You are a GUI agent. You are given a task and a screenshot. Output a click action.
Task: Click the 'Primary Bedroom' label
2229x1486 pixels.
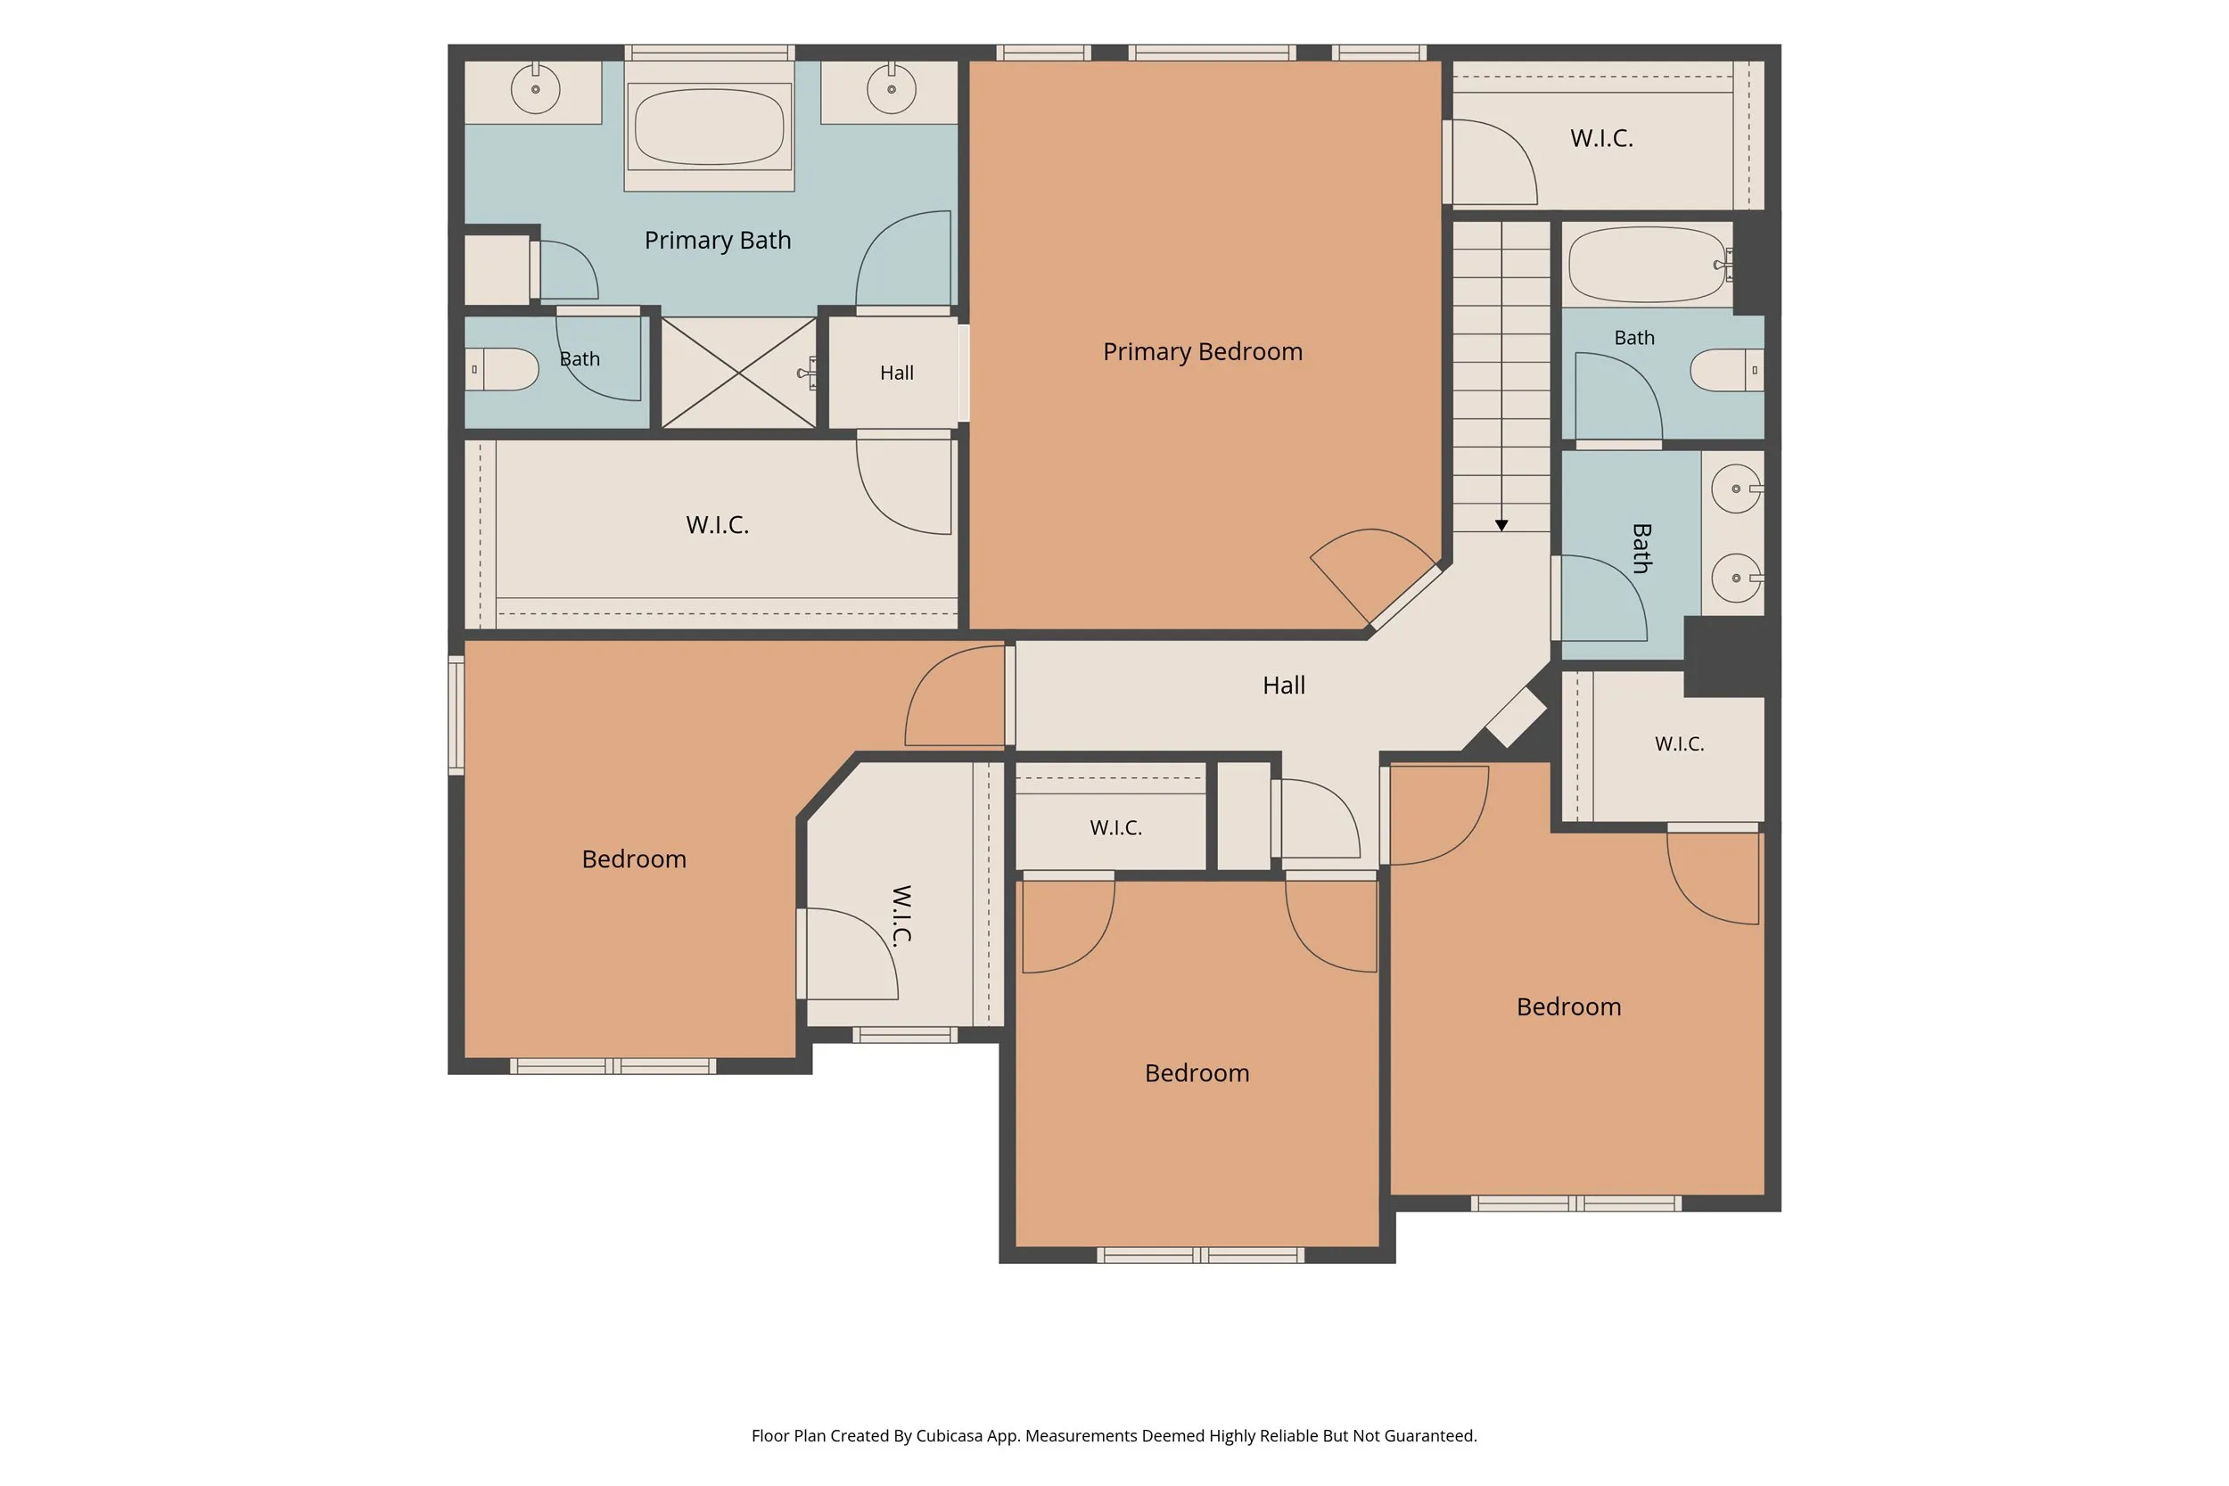click(1203, 351)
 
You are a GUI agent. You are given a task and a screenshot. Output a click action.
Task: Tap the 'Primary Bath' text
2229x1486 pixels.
click(718, 240)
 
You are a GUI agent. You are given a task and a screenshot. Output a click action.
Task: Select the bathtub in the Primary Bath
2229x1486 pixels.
click(709, 126)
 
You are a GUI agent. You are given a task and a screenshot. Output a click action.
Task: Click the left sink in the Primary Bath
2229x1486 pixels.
click(536, 89)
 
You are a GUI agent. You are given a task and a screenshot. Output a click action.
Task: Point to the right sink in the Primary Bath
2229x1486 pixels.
click(891, 89)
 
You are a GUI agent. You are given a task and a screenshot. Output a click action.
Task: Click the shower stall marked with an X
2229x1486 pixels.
click(738, 373)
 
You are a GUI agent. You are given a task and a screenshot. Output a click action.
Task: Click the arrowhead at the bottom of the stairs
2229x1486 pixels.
click(1501, 525)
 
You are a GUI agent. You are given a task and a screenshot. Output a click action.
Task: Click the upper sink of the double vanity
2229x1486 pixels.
click(1736, 489)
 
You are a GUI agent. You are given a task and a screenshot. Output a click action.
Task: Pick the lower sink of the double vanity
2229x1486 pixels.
click(1736, 577)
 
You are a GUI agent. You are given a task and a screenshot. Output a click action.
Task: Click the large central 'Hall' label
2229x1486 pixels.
click(1283, 686)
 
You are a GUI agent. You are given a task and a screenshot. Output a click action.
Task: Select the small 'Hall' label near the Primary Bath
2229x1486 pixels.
click(897, 374)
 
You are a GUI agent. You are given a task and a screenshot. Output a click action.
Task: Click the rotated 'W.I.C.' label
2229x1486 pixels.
click(901, 915)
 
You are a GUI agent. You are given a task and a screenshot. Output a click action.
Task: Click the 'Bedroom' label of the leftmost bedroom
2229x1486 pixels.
click(634, 859)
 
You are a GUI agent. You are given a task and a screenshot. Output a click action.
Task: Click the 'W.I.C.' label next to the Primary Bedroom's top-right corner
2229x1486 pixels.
click(1601, 138)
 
